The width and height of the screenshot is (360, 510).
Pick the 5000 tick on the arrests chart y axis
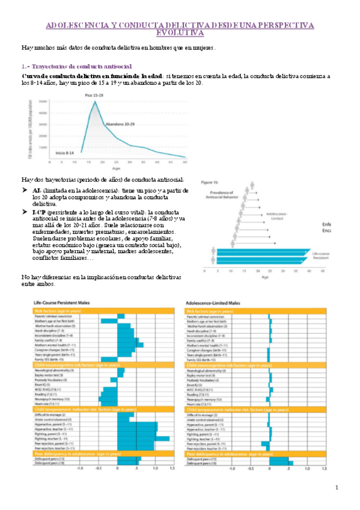coord(43,101)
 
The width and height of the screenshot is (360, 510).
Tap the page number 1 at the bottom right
coord(337,487)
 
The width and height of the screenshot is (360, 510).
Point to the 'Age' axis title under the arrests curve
coord(114,169)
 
